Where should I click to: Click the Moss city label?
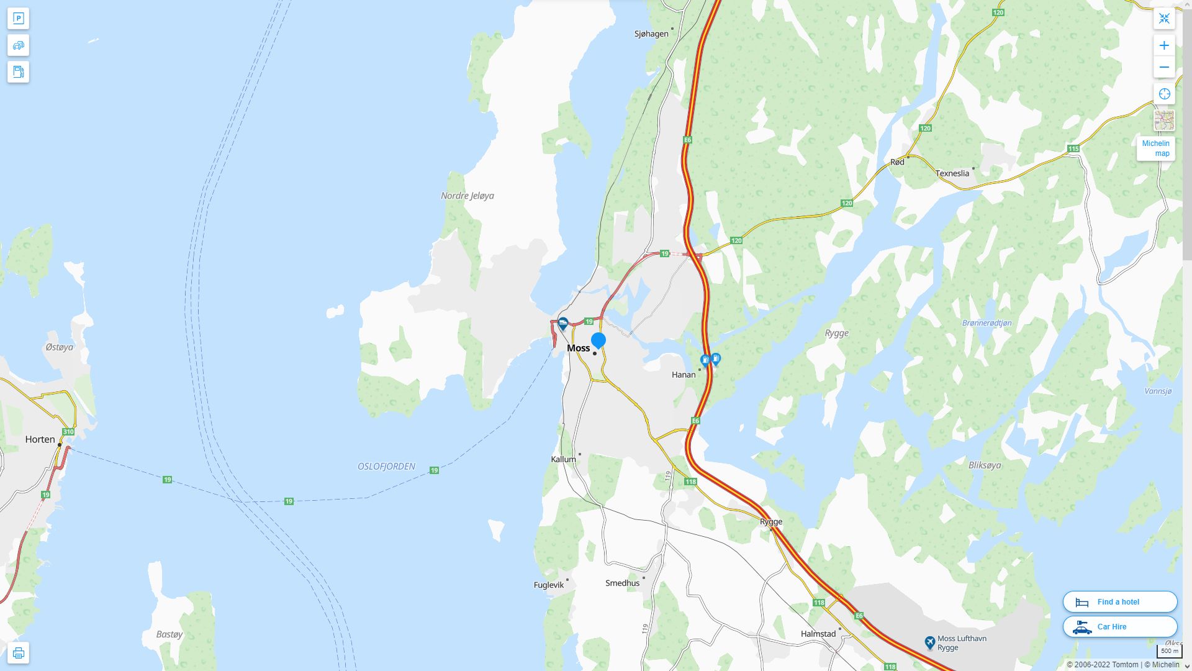[x=578, y=348]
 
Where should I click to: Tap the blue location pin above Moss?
[x=598, y=340]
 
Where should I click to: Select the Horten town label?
[x=40, y=439]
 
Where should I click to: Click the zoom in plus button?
[x=1164, y=45]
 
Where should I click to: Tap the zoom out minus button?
[x=1164, y=67]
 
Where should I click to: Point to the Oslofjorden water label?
[x=386, y=467]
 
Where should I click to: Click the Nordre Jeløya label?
[x=467, y=196]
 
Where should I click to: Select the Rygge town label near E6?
[x=771, y=521]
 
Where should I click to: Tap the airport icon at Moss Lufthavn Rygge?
[x=929, y=642]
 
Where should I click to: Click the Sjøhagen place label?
[x=651, y=34]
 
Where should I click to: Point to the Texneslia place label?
[x=952, y=173]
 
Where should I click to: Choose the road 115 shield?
[x=1073, y=148]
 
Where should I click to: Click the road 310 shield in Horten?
[x=68, y=432]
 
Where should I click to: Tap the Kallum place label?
[x=563, y=459]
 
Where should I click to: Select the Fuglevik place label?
[x=549, y=585]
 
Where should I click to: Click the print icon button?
[x=18, y=653]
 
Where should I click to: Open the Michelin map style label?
[x=1155, y=148]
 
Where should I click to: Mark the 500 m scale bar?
[x=1169, y=651]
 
